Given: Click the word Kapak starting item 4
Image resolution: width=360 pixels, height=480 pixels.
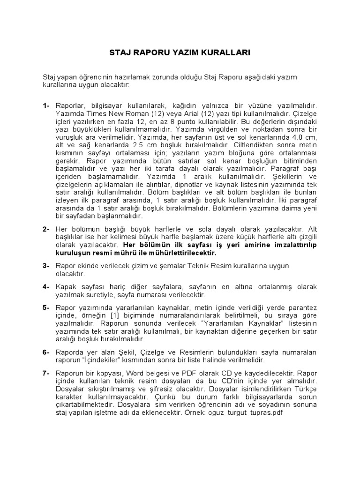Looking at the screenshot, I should (66, 287).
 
